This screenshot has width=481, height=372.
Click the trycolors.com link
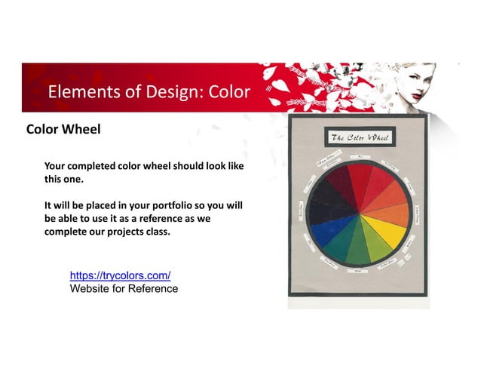(x=120, y=276)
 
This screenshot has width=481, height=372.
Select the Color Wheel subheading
(x=63, y=129)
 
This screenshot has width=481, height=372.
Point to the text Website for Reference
(x=124, y=288)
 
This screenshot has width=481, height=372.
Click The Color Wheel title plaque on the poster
(x=358, y=137)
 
